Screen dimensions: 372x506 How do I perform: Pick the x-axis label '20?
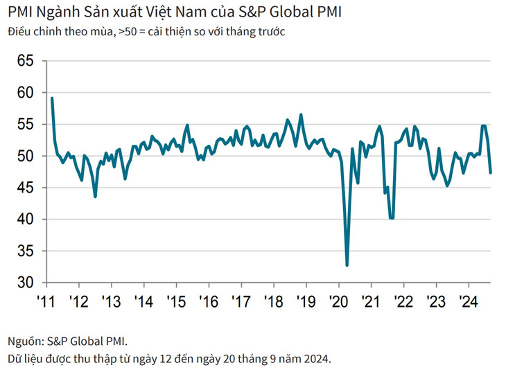click(338, 302)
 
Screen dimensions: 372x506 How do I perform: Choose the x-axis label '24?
click(469, 302)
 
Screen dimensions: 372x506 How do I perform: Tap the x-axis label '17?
click(241, 302)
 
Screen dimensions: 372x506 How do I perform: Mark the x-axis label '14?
click(143, 302)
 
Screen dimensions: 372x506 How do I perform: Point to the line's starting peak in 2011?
click(52, 98)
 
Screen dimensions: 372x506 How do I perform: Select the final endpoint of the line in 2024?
click(491, 172)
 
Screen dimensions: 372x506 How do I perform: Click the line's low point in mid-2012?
click(95, 197)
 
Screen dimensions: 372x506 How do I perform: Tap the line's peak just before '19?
click(301, 114)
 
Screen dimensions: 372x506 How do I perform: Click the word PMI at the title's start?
click(19, 12)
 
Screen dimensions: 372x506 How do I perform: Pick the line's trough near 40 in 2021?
click(392, 218)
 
